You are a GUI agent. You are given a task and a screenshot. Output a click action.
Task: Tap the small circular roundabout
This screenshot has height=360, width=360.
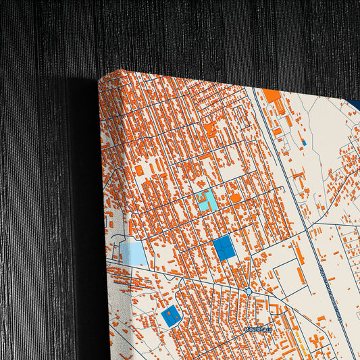click(249, 291)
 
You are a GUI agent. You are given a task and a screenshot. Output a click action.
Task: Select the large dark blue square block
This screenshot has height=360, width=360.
click(224, 249)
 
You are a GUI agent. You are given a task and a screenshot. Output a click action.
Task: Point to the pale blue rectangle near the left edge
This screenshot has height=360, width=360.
click(135, 254)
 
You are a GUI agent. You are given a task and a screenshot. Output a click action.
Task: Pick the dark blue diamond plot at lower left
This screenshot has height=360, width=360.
click(172, 315)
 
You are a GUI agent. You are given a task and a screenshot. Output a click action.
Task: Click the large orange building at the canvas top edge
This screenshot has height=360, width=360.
click(272, 95)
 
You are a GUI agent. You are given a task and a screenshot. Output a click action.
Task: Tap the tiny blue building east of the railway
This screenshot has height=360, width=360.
click(304, 143)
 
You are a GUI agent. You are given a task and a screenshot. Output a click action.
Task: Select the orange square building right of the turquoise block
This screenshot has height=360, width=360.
click(236, 198)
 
